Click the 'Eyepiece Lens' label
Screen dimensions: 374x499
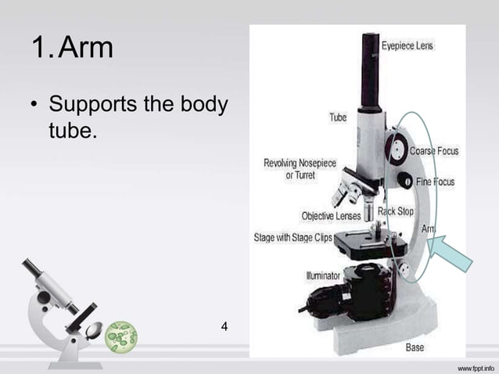[407, 46]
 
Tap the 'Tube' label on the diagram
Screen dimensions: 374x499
[337, 117]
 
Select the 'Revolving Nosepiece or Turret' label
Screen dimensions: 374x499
[300, 169]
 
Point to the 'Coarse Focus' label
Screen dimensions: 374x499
[435, 150]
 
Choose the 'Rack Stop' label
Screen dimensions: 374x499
[395, 211]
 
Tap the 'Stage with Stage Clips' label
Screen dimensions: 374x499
[293, 237]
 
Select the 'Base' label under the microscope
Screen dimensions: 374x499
[415, 347]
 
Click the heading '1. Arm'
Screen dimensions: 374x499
[72, 49]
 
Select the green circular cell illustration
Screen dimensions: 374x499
[120, 336]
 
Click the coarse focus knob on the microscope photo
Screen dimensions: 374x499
[396, 148]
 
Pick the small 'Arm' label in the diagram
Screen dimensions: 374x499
[429, 228]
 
